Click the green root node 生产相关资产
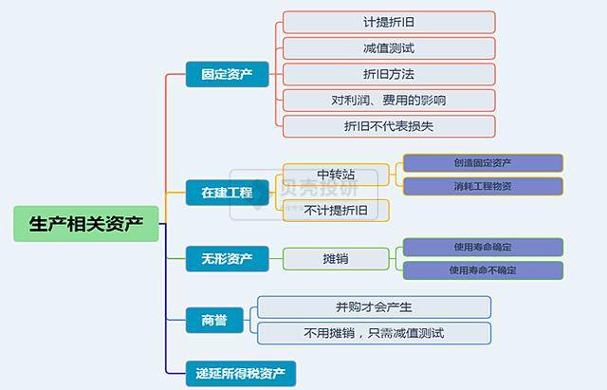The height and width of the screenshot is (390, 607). point(86,225)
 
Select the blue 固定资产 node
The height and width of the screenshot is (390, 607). point(227,73)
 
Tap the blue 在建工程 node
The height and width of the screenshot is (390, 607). point(227,193)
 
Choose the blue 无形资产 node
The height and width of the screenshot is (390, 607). point(227,258)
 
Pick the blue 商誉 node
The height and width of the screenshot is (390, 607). point(213,320)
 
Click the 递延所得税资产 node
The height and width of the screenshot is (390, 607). point(241,371)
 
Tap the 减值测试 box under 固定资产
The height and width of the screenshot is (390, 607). point(389,47)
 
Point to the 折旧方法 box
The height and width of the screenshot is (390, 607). point(389,74)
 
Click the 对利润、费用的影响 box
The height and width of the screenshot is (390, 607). point(389,100)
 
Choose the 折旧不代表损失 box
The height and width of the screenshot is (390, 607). point(389,125)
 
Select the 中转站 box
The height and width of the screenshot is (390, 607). point(336,175)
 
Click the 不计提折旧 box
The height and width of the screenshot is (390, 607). point(336,210)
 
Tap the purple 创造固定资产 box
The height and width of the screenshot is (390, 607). point(483,163)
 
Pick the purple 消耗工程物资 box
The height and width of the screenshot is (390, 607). point(483,186)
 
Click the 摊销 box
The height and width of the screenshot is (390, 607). point(336,258)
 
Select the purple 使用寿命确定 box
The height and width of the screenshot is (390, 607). point(483,247)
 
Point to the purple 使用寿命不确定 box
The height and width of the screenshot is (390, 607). point(483,270)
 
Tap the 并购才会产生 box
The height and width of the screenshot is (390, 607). point(374,306)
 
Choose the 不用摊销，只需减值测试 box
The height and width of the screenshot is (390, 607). point(374,333)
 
